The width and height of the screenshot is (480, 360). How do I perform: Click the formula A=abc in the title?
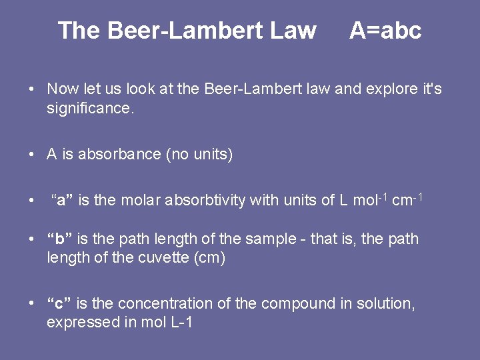385,31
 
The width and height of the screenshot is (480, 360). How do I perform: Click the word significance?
90,107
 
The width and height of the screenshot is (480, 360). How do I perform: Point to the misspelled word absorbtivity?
205,200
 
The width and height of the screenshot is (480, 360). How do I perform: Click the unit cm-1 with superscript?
406,199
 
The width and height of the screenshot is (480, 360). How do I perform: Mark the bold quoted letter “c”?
59,304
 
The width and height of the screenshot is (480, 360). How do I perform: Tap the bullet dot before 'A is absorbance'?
32,155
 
